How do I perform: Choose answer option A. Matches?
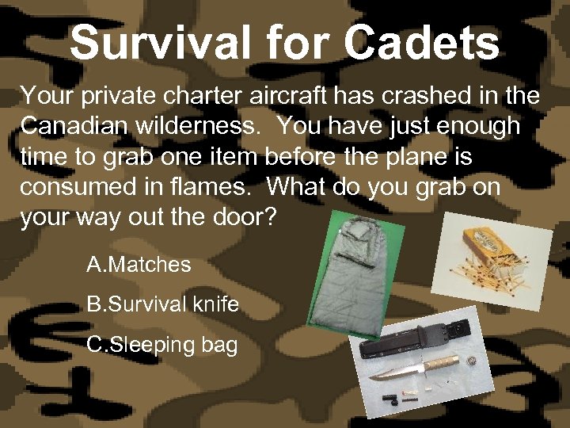click(x=139, y=265)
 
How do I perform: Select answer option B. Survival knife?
click(x=162, y=304)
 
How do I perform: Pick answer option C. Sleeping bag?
click(x=161, y=346)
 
